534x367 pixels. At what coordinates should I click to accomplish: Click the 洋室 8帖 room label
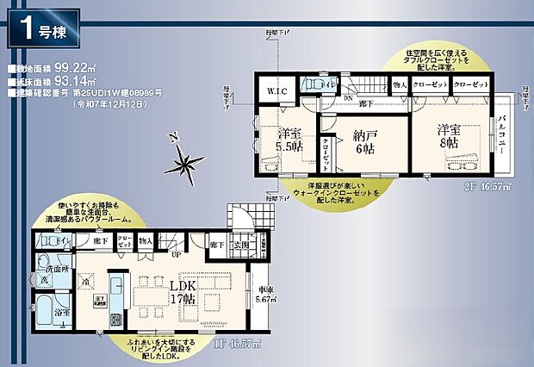click(448, 136)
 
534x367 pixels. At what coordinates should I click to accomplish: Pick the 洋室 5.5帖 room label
click(290, 140)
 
